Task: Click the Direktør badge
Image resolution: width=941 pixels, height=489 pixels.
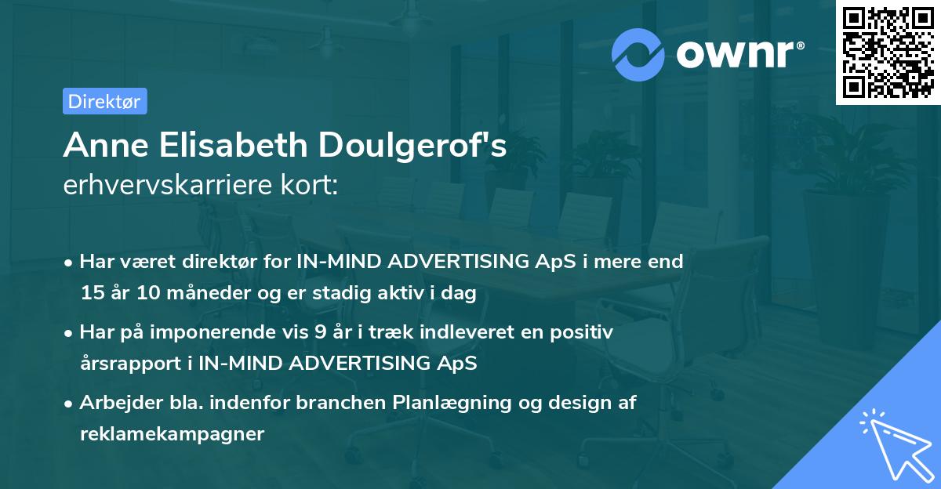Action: [104, 101]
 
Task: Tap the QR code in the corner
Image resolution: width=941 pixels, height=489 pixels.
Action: [887, 52]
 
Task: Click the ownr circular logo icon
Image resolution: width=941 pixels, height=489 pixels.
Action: [638, 53]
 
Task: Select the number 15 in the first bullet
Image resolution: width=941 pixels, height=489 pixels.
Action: [91, 293]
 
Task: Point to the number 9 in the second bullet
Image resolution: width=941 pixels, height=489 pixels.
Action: [319, 332]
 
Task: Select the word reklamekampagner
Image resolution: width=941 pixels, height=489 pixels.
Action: [172, 434]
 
